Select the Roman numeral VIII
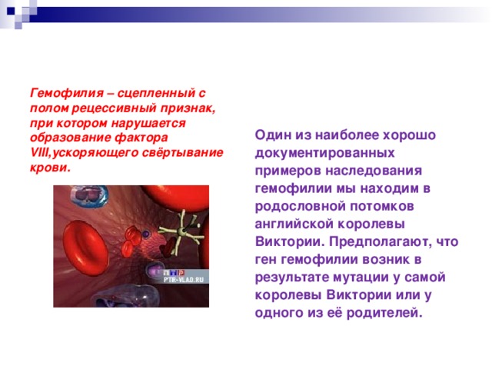point(39,152)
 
